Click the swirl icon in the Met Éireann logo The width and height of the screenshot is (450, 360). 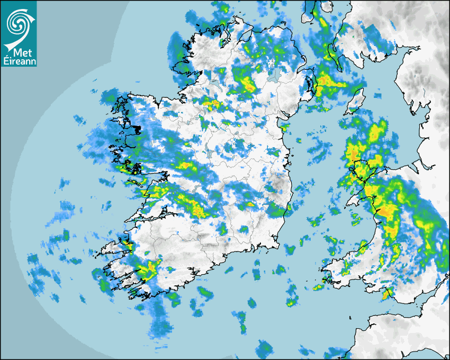click(x=18, y=22)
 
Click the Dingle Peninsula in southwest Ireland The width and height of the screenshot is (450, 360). click(x=114, y=248)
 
